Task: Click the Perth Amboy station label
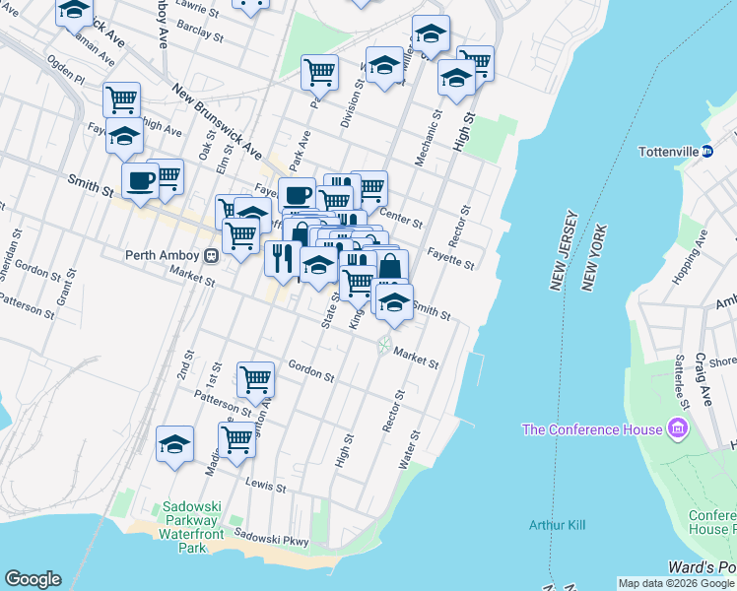click(x=163, y=254)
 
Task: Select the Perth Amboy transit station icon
click(x=211, y=255)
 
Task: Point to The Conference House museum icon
click(x=677, y=428)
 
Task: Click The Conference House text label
click(x=592, y=429)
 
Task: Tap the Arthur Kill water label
click(x=557, y=525)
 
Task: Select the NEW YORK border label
click(x=589, y=262)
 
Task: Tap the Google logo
click(x=33, y=579)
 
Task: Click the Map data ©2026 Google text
click(x=676, y=583)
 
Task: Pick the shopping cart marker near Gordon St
click(x=256, y=377)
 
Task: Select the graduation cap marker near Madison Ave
click(x=174, y=444)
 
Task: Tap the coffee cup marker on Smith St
click(x=140, y=180)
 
